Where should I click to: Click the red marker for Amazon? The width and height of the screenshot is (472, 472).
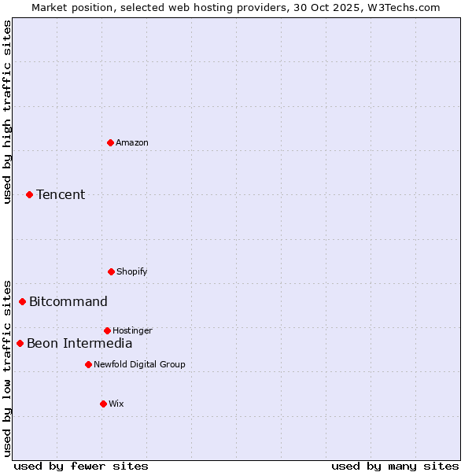coord(111,142)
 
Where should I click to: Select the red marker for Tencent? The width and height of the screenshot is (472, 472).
coord(30,194)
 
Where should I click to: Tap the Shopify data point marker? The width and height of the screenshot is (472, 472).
coord(111,271)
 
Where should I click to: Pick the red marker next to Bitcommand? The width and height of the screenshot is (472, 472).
coord(23,301)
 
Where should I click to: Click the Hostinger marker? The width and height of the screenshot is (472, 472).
coord(107,330)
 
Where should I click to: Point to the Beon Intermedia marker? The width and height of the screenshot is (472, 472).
coord(20,343)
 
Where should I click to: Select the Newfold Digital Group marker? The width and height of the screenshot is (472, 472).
coord(88,364)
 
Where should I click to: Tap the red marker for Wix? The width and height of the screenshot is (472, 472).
coord(103,404)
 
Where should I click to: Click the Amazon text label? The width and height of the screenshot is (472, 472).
coord(132,142)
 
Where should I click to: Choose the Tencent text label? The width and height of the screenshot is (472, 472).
coord(61,194)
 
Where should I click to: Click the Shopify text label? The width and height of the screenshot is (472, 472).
coord(132,271)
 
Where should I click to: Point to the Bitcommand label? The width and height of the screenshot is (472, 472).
coord(68,301)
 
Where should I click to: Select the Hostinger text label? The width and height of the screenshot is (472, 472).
coord(132,330)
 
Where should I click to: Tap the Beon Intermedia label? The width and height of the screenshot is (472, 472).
coord(79,343)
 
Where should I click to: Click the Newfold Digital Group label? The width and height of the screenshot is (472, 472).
coord(139,364)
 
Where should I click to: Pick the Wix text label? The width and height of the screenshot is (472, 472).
coord(116,404)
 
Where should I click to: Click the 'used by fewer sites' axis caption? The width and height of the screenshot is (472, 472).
coord(81,466)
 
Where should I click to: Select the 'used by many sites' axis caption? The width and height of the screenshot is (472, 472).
coord(395,466)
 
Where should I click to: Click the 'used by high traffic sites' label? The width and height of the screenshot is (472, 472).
coord(8,112)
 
